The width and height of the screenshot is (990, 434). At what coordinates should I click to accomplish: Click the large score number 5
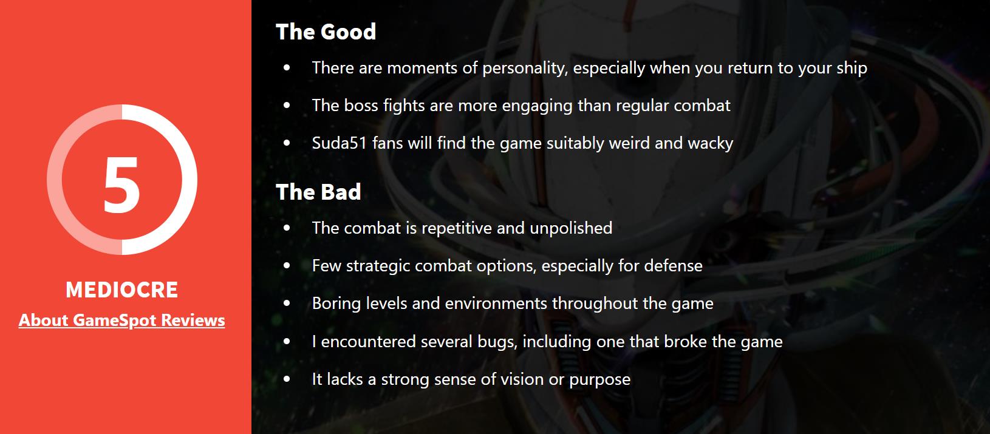click(122, 185)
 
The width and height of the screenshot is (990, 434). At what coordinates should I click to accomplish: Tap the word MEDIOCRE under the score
click(122, 290)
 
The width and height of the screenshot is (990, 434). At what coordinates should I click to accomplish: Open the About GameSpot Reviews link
click(121, 320)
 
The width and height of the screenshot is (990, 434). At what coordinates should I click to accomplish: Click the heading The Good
click(326, 32)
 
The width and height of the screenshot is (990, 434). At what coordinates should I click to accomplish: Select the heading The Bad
click(318, 192)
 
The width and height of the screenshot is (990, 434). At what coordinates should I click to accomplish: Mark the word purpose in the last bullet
click(599, 380)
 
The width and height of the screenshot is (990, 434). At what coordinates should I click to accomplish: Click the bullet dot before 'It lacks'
click(287, 379)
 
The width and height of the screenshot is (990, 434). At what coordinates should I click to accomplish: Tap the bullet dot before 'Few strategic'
click(287, 265)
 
